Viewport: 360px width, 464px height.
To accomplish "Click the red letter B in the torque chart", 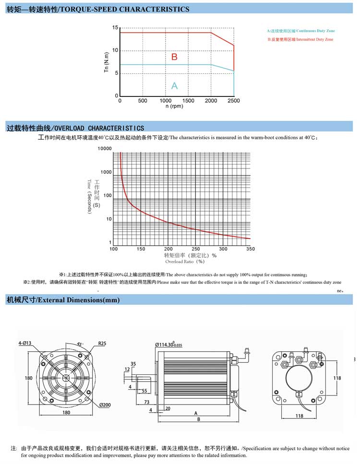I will coord(174,57).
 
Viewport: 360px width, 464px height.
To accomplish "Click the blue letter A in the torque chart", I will coord(174,85).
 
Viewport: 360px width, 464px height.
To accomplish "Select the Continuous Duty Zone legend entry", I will coord(301,30).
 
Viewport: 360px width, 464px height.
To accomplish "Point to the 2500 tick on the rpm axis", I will coord(234,101).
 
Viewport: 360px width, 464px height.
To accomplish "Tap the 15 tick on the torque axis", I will coord(115,28).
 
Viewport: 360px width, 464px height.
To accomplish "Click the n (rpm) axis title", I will coord(175,107).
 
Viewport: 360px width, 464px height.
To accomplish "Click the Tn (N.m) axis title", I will coord(107,62).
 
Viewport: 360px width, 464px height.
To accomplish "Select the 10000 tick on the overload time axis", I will coord(105,149).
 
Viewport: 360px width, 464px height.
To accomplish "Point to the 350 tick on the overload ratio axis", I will coord(250,249).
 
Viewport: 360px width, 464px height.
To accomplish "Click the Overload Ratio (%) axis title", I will coord(185,262).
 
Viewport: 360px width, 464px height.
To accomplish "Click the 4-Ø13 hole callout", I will coord(25,343).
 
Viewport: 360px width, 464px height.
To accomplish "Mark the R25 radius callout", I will coord(102,344).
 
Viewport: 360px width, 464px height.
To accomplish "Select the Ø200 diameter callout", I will coord(105,405).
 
